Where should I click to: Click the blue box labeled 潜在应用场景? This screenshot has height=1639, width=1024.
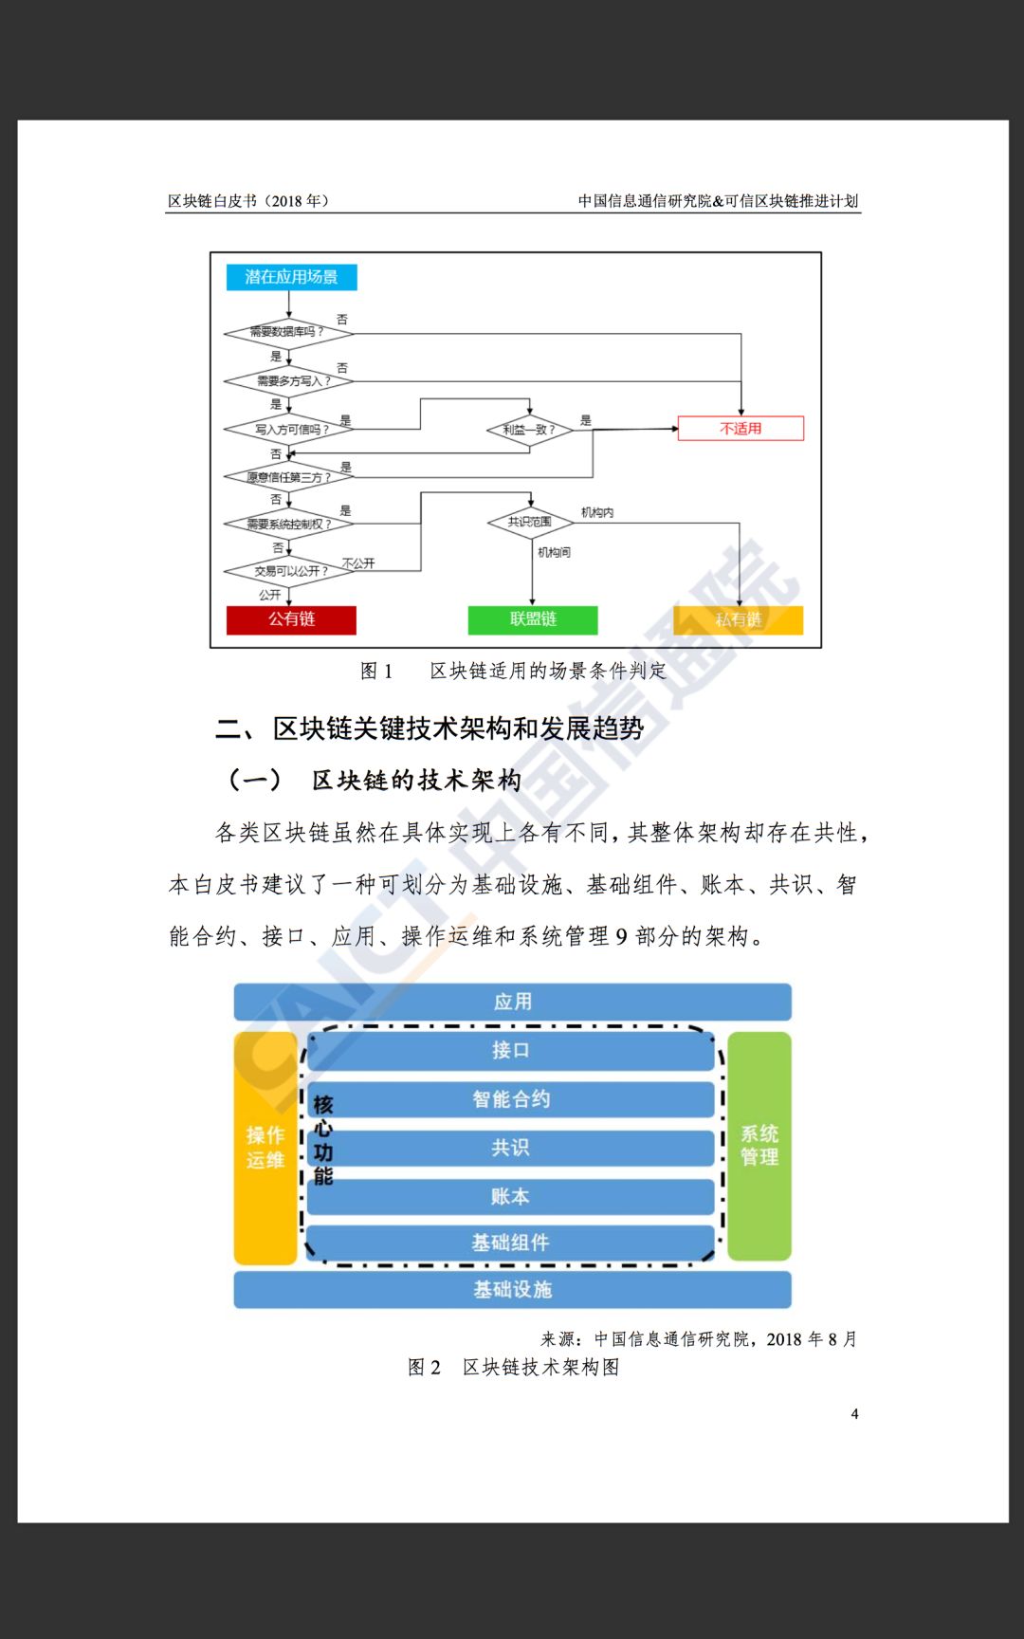(291, 277)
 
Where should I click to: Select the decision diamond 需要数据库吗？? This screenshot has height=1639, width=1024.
(288, 332)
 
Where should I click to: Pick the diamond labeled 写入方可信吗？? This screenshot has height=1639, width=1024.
(288, 430)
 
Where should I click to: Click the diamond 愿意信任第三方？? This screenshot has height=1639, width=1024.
(288, 476)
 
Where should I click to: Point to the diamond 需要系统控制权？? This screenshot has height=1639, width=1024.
(288, 524)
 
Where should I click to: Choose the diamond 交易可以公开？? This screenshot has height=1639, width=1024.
(288, 571)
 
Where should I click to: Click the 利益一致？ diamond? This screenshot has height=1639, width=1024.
(530, 430)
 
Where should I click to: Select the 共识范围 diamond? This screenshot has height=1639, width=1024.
(530, 522)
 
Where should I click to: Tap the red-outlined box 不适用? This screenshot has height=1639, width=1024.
(741, 429)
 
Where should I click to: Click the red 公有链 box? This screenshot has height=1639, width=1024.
(291, 619)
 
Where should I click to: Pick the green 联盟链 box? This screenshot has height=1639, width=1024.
(533, 619)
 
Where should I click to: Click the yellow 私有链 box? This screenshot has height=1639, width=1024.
(739, 619)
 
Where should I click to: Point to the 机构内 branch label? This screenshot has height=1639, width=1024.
(597, 512)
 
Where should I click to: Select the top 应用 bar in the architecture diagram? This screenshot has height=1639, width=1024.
(512, 1002)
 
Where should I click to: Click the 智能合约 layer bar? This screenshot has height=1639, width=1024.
(511, 1099)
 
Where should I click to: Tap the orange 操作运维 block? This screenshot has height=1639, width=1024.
(265, 1148)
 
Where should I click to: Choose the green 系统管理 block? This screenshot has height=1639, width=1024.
(759, 1146)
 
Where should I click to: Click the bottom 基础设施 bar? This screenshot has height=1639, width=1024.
(512, 1290)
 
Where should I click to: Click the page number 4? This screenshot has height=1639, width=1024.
(854, 1414)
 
